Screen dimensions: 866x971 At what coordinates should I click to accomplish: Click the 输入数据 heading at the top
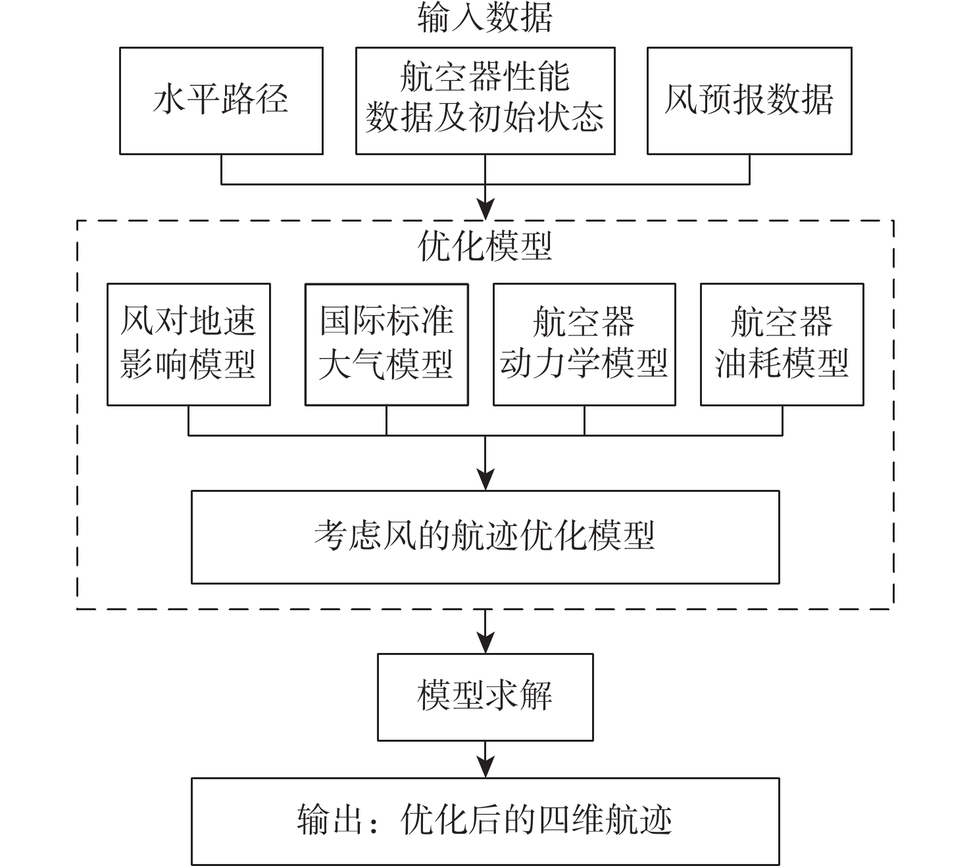[x=485, y=18]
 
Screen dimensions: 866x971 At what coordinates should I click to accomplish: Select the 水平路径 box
[x=221, y=101]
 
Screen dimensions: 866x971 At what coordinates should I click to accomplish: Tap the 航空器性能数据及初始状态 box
[x=485, y=101]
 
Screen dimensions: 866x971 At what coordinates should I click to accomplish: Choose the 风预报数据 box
[x=749, y=101]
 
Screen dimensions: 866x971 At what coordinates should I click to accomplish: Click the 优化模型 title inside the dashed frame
[x=485, y=247]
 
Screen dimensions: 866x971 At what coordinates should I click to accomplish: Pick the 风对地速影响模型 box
[x=189, y=344]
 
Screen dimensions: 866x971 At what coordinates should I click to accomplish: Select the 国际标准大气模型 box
[x=386, y=344]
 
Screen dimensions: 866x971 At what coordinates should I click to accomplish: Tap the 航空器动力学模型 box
[x=584, y=344]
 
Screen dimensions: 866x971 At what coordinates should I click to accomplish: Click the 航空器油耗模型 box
[x=782, y=344]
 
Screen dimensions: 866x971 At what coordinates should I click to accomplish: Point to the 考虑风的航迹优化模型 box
[x=485, y=537]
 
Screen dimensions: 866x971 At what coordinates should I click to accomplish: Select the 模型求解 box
[x=485, y=696]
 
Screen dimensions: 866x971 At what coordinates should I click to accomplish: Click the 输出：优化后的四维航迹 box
[x=485, y=821]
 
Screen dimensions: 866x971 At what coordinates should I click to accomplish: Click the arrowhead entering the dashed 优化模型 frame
[x=486, y=210]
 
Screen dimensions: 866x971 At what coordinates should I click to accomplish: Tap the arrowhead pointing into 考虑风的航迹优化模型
[x=486, y=481]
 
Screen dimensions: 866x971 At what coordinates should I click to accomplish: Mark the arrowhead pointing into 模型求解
[x=486, y=644]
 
